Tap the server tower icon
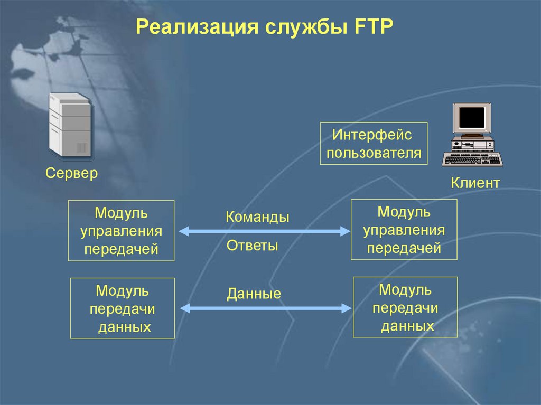(69, 125)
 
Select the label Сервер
(72, 173)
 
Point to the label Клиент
(475, 183)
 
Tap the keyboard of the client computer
(471, 159)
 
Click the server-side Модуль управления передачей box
(122, 231)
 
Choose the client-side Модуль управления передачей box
(404, 230)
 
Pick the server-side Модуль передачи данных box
(122, 308)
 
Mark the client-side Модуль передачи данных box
(405, 307)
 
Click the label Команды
(257, 217)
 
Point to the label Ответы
(252, 245)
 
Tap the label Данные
(254, 294)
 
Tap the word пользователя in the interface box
(374, 153)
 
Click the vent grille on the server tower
(81, 148)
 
